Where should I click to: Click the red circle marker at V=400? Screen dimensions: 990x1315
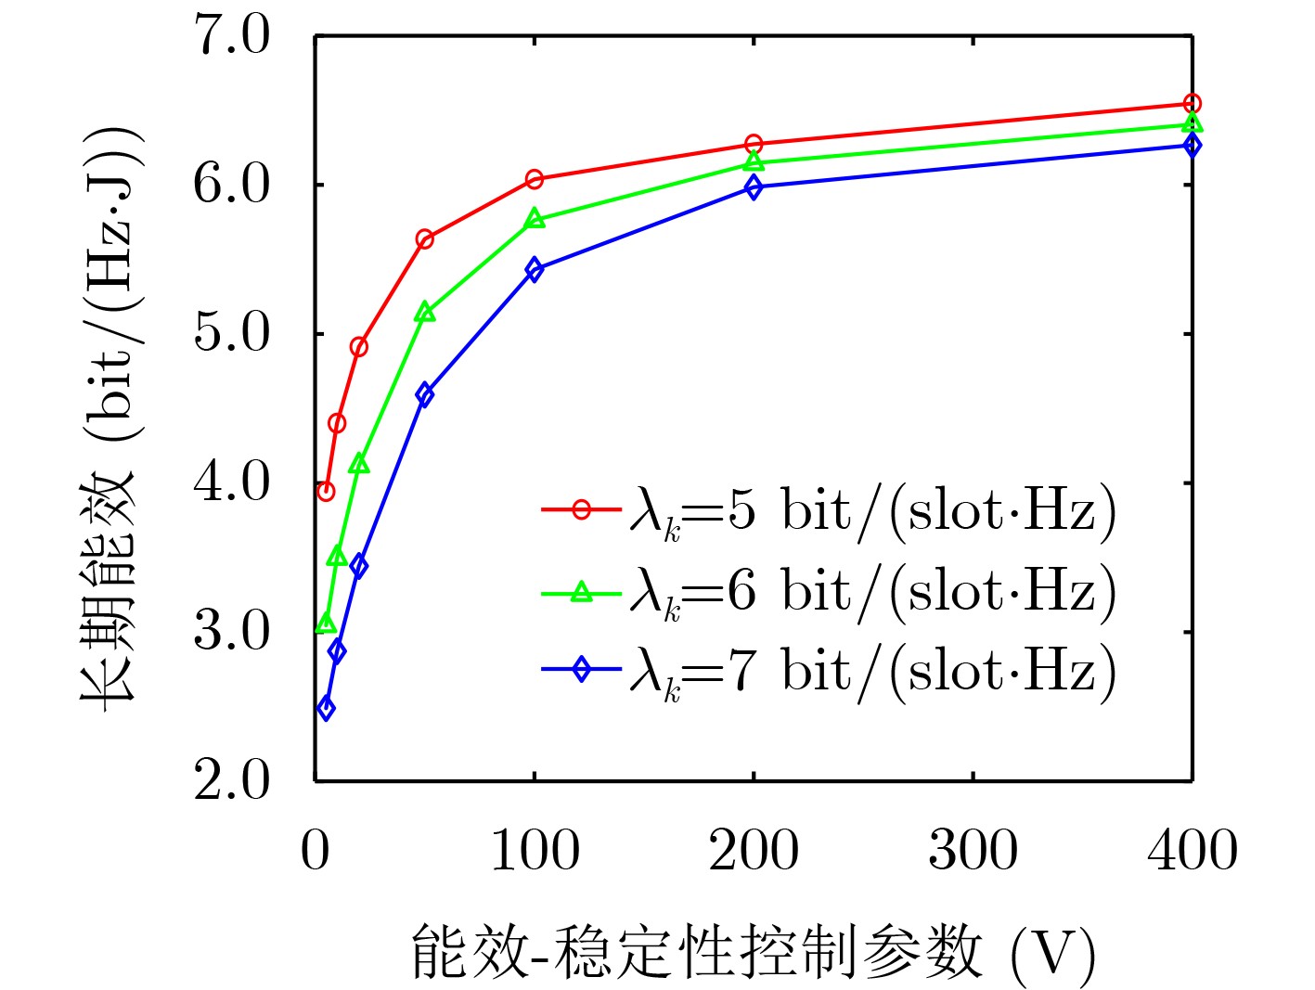[1192, 104]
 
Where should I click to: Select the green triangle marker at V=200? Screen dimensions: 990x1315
[754, 162]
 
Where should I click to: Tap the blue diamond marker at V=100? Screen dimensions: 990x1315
[534, 269]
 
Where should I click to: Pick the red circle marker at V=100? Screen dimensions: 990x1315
[534, 179]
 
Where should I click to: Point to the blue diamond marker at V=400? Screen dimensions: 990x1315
[1192, 145]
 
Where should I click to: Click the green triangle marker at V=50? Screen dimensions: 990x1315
[425, 313]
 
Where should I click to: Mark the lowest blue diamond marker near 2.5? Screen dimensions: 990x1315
[326, 708]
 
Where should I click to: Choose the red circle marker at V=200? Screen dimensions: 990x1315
[754, 144]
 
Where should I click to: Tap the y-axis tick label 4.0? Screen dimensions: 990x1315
[231, 482]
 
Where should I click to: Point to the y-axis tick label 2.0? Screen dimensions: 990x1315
[231, 780]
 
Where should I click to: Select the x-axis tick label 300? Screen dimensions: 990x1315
[973, 849]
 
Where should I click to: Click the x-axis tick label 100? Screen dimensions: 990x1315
[534, 849]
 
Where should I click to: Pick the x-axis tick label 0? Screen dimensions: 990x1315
[316, 849]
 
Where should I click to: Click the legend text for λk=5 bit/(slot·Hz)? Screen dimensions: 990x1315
[872, 511]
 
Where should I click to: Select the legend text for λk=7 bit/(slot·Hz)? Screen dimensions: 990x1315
[872, 670]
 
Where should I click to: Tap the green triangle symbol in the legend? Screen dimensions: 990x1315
[581, 591]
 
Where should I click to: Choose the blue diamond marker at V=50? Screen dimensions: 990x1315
[425, 394]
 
